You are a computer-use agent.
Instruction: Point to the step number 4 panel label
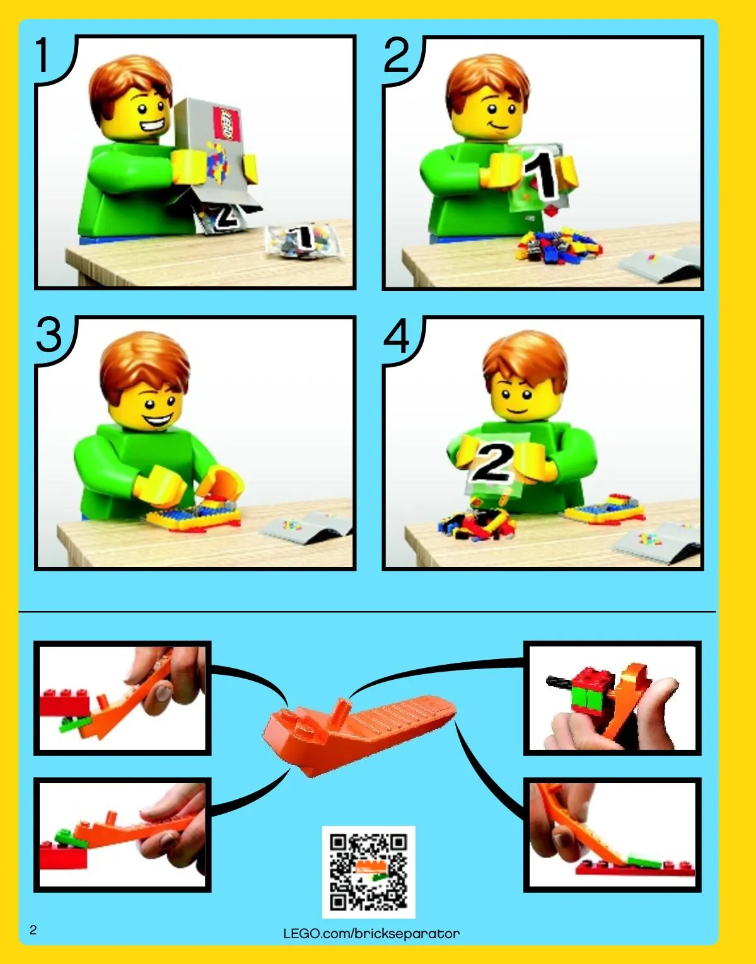(x=397, y=335)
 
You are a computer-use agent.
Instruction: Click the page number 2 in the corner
(x=33, y=930)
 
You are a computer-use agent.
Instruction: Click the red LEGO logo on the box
(x=226, y=123)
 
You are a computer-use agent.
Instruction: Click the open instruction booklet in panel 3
(x=306, y=527)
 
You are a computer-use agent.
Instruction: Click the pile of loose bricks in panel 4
(x=478, y=524)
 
